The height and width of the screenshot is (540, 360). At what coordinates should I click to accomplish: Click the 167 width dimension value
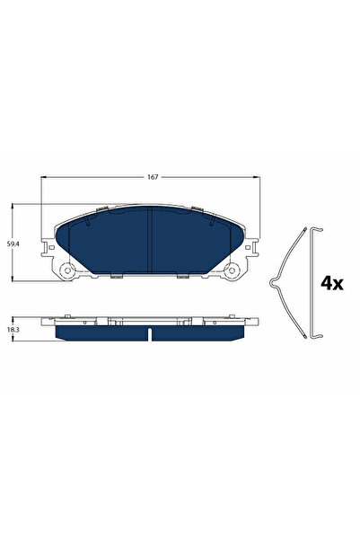[x=153, y=178]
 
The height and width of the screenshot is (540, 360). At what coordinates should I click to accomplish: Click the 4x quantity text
[x=332, y=283]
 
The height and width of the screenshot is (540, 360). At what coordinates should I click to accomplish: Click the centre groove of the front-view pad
[x=151, y=243]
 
